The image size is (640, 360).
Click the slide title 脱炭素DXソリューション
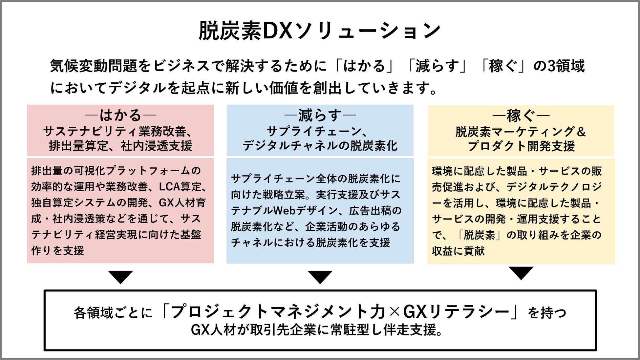tap(320, 31)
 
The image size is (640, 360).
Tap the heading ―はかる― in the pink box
tap(120, 115)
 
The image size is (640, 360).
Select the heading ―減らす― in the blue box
tap(320, 115)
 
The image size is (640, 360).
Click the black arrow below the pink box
tap(120, 277)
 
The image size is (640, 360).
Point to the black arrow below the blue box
tap(320, 277)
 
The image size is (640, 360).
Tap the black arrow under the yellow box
tap(521, 273)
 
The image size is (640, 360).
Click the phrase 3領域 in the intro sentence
tap(566, 66)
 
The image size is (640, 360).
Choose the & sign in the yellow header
tap(581, 132)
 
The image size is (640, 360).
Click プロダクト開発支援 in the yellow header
tap(521, 146)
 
